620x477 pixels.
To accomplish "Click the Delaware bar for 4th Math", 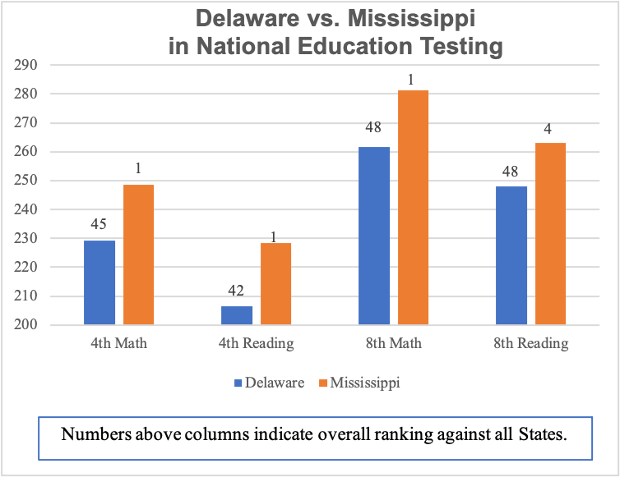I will [x=100, y=282].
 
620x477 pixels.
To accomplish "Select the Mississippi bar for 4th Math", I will [x=138, y=255].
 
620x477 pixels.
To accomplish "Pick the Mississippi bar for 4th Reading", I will [x=275, y=284].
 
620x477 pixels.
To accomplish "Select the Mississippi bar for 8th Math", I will [x=413, y=208].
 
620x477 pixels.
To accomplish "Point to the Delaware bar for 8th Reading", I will [x=511, y=255].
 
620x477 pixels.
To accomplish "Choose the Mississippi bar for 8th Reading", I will [x=550, y=234].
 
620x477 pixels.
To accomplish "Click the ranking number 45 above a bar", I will [x=100, y=224].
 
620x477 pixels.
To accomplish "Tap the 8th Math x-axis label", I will [x=394, y=343].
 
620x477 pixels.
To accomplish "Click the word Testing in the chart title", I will [x=449, y=46].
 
